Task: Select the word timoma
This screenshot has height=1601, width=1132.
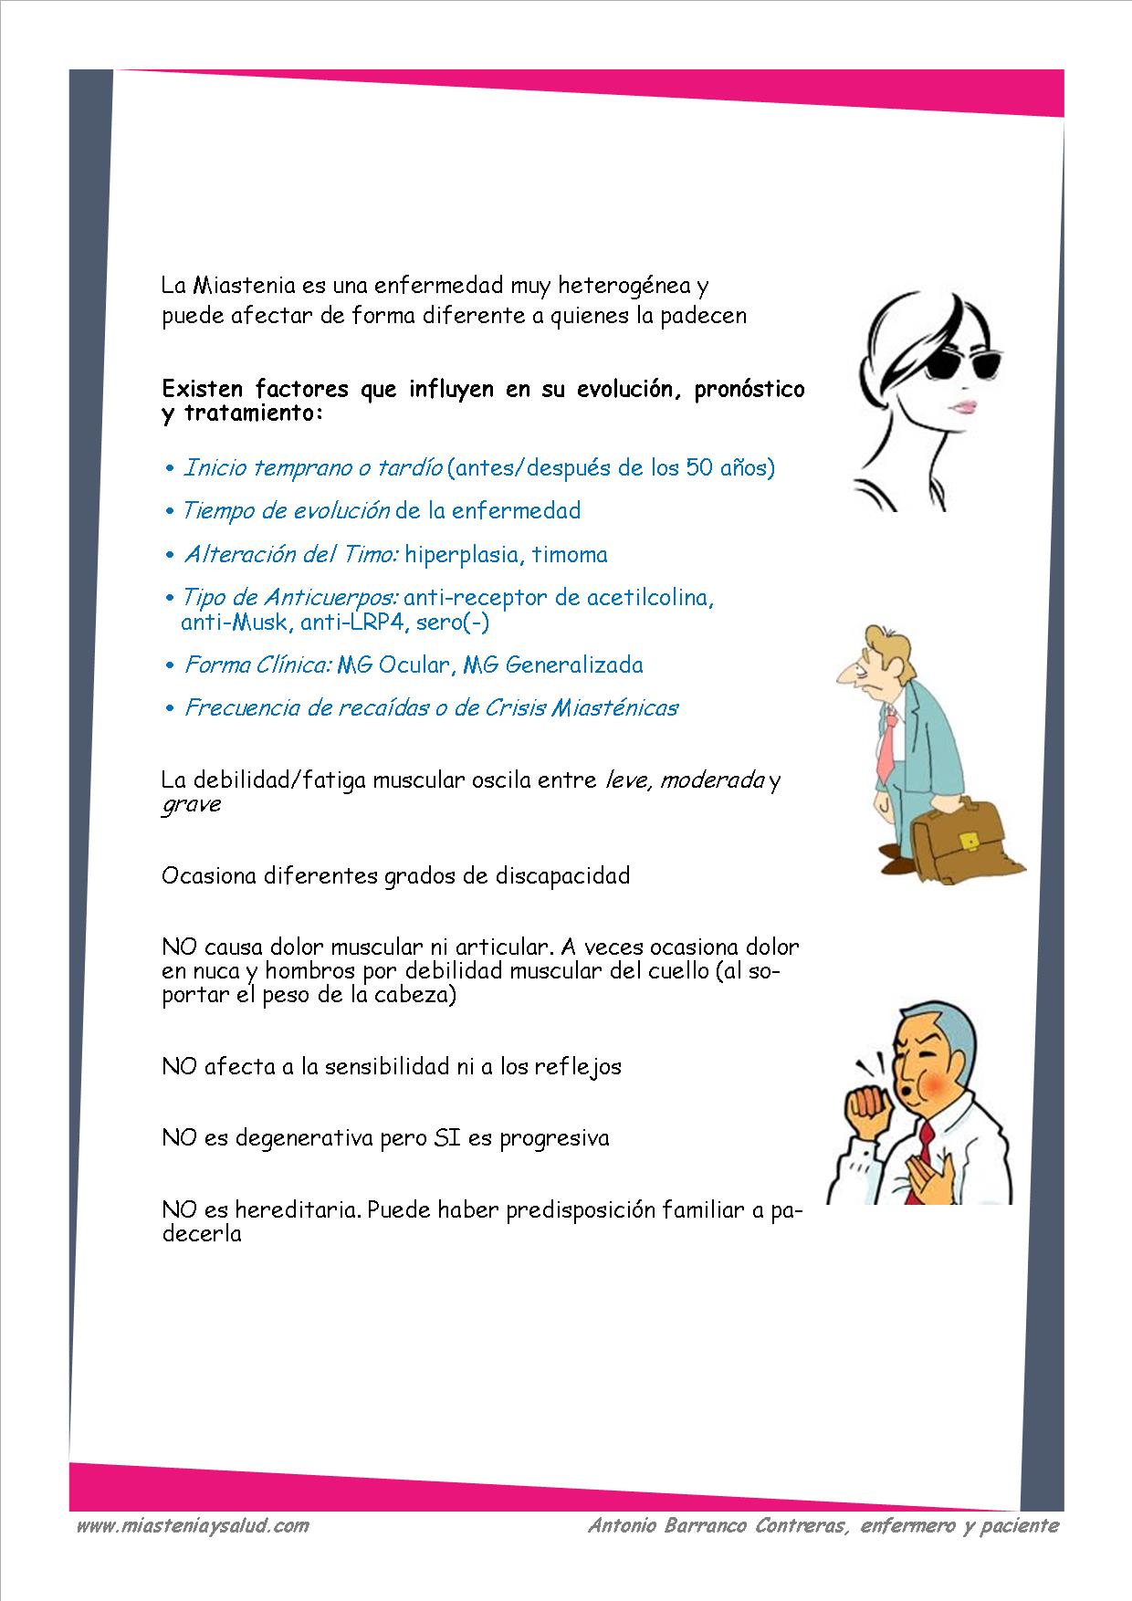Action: (x=570, y=555)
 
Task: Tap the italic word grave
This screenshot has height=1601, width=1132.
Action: (x=191, y=805)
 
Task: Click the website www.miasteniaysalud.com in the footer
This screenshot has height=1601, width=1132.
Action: (x=192, y=1524)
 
